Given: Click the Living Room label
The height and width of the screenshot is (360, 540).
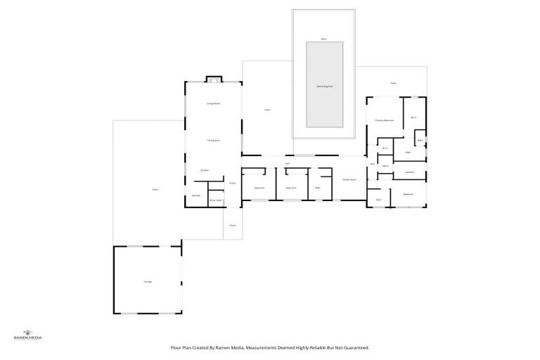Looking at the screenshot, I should point(214,103).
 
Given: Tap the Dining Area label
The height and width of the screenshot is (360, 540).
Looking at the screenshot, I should point(214,141).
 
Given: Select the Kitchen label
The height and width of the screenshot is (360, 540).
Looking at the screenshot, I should point(205,170).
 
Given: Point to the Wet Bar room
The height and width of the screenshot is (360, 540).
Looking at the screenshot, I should point(197,195).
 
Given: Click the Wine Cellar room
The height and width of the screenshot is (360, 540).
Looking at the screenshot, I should point(216,200).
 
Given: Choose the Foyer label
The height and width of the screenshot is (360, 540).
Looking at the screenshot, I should point(231,184).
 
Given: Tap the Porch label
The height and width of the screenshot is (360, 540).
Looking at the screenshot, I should point(232,226).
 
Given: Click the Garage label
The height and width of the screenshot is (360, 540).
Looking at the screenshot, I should point(148,281).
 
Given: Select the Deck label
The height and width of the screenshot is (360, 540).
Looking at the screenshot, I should point(267,110).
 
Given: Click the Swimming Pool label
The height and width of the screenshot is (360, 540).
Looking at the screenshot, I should point(324,86).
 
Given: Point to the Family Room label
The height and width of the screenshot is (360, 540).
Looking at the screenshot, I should point(349,180).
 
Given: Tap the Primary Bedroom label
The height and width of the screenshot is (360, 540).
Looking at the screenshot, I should point(384,120).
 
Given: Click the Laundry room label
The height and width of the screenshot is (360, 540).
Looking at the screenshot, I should point(409,172).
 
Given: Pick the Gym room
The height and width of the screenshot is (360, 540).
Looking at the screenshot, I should point(378,200).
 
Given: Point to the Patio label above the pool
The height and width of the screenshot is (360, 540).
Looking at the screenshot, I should point(323,39).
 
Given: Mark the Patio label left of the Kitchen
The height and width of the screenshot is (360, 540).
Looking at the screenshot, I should point(155,189).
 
